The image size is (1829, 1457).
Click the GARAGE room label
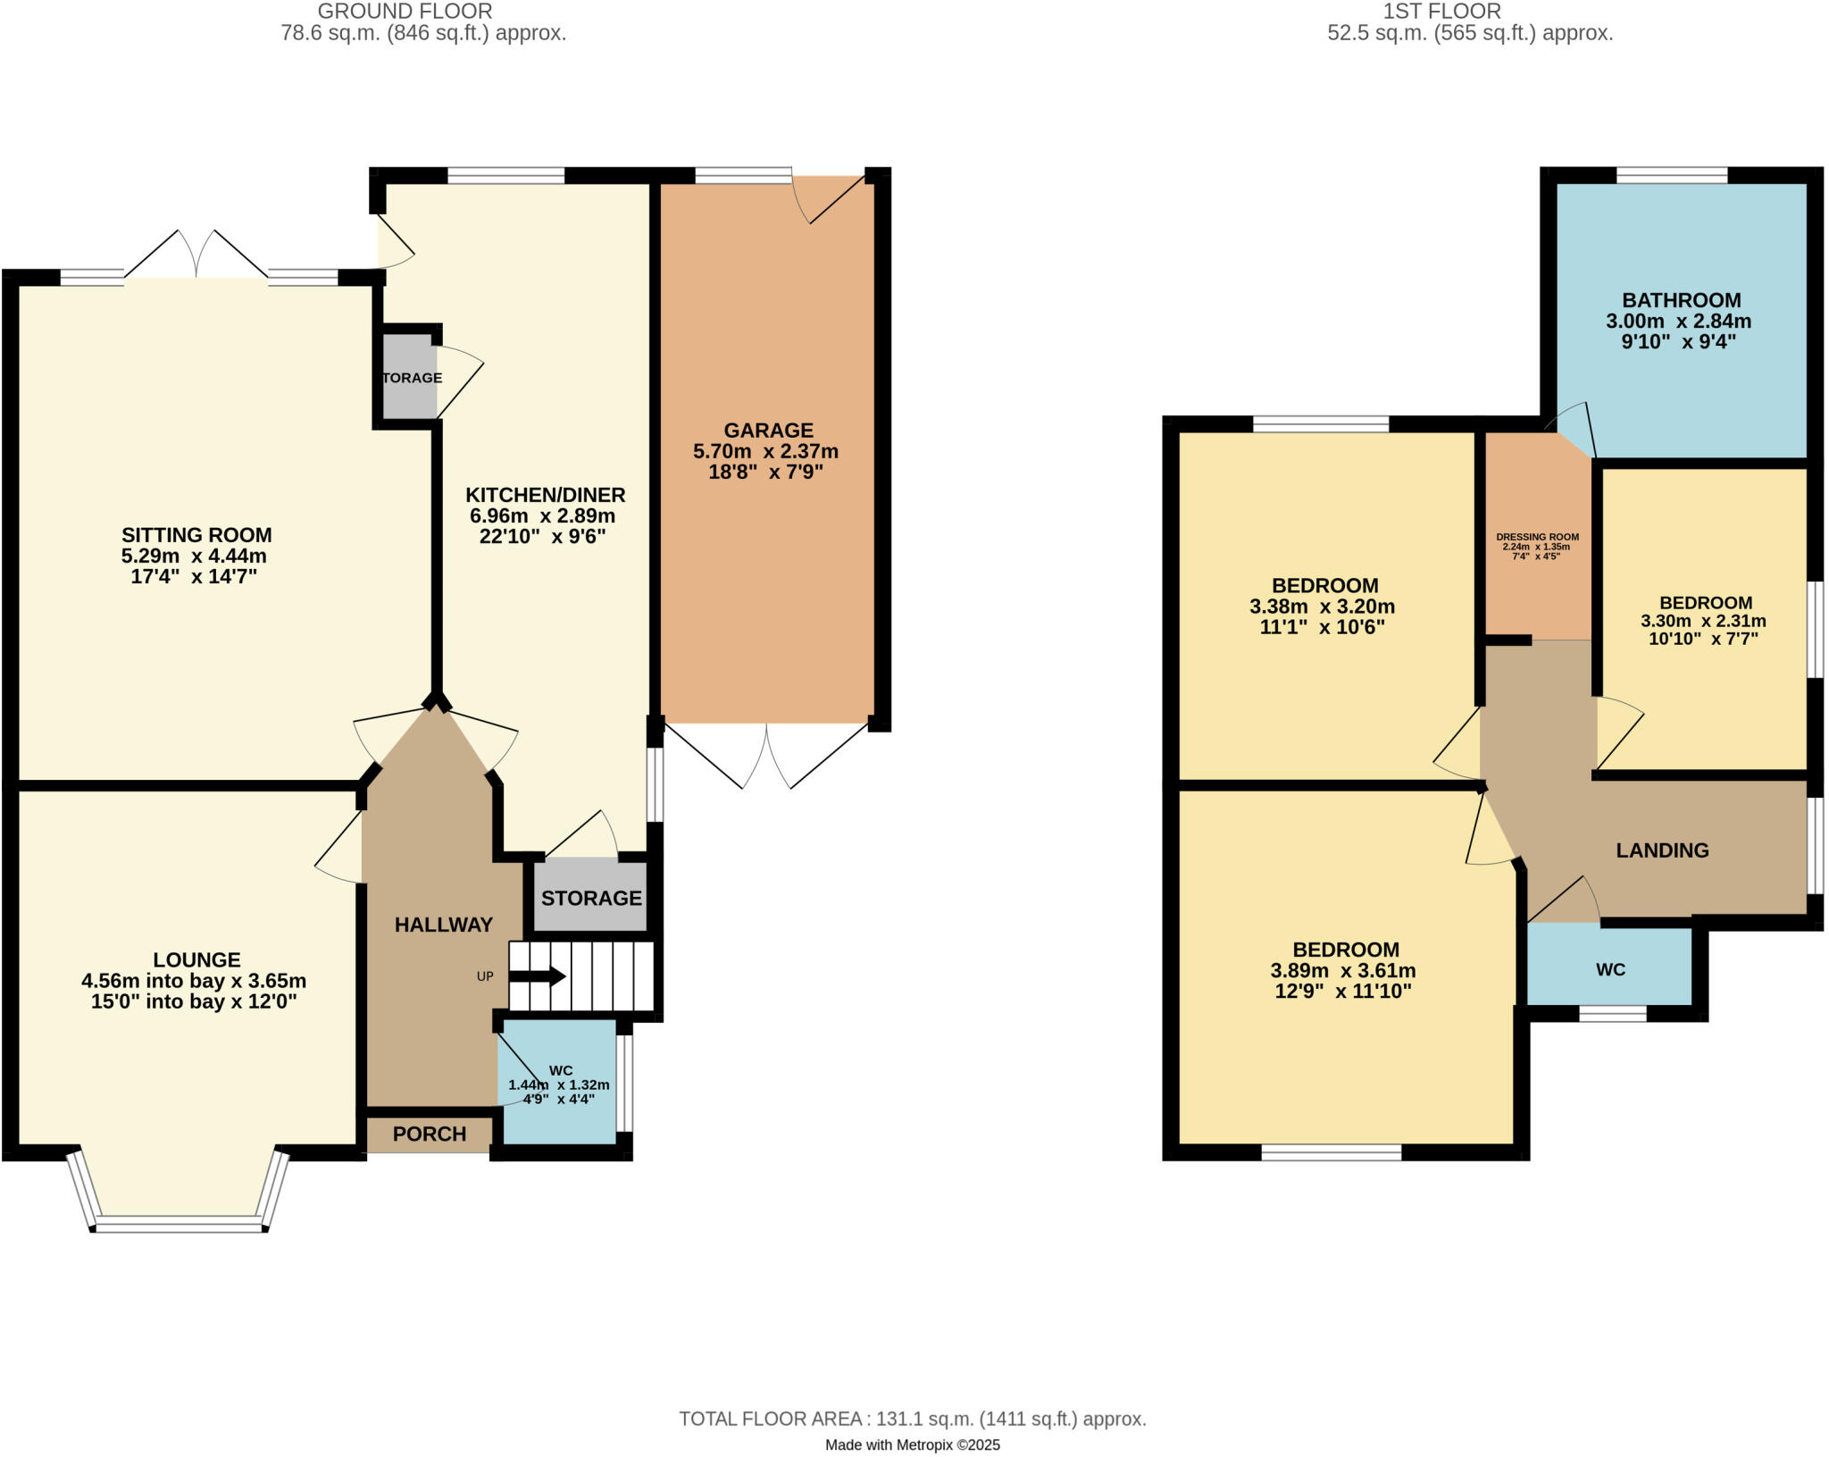768,430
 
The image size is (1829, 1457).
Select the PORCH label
430,1134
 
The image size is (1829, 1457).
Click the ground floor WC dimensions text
559,1092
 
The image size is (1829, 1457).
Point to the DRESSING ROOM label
1537,538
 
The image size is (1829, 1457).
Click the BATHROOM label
1682,300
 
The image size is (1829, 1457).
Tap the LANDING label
1662,850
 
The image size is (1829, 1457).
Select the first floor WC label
1610,969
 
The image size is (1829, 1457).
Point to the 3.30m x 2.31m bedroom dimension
1703,621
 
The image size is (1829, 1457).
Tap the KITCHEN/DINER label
545,495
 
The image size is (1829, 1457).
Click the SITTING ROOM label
196,535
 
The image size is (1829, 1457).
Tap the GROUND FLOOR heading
405,12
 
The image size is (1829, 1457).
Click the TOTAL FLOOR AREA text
912,1419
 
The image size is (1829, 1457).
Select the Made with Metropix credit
912,1444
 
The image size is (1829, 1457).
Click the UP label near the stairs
485,976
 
